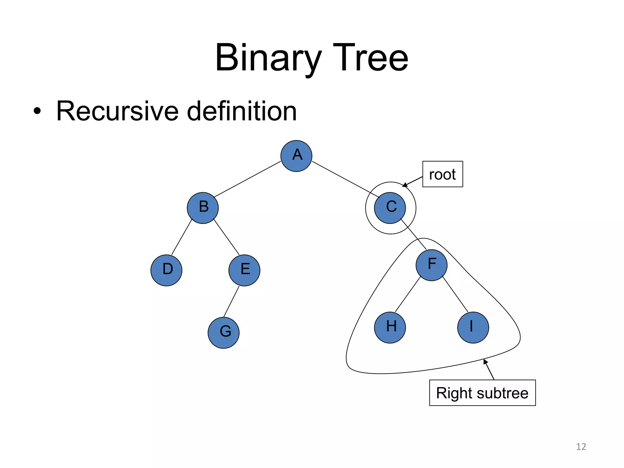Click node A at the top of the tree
296,156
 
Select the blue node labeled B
203,208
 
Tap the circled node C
390,208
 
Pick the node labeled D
166,270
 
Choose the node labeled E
244,270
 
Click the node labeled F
431,265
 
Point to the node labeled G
224,333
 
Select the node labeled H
390,328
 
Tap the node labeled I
473,328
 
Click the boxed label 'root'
442,174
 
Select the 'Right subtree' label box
482,393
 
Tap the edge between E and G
232,301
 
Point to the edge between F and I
455,294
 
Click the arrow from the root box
413,182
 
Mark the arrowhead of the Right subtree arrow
485,362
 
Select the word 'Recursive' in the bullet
117,111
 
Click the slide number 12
581,447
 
